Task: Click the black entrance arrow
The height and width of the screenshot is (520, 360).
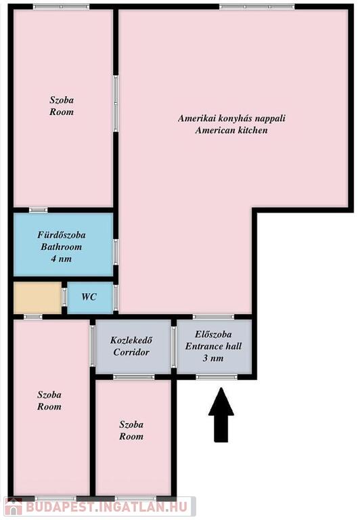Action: coord(221,414)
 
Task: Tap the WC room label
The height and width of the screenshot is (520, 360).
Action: coord(89,297)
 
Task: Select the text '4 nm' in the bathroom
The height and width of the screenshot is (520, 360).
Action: coord(61,259)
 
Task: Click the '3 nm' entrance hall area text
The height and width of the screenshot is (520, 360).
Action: coord(212,358)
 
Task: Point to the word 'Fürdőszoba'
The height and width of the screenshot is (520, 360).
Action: coord(62,235)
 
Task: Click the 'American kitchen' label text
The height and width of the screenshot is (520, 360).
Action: coord(231,130)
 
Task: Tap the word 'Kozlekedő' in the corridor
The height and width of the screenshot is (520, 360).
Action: coord(131,341)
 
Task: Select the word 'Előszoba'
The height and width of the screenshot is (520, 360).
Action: coord(213,334)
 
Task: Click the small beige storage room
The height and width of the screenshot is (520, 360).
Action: coord(37,297)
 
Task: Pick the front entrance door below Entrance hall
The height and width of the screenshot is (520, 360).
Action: coord(217,377)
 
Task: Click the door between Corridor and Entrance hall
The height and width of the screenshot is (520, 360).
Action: coord(174,347)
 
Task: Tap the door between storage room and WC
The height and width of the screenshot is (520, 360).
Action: coord(64,297)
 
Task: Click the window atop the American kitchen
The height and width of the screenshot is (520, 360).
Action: coord(257,7)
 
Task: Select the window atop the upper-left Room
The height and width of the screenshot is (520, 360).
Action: coord(62,7)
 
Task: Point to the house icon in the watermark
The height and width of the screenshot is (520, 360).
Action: coord(14,507)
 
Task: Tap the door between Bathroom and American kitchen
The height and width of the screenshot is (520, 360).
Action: coord(116,252)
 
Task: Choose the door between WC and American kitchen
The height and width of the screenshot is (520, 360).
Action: coord(116,298)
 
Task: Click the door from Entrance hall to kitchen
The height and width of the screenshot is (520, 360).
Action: coord(213,317)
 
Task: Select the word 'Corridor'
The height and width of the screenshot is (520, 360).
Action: coord(131,352)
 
